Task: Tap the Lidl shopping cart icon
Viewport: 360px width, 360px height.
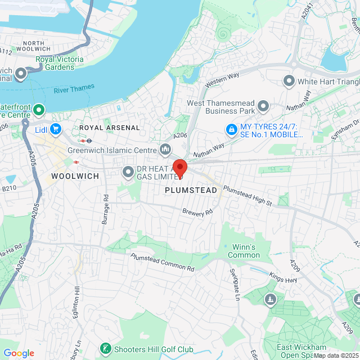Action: pyautogui.click(x=55, y=129)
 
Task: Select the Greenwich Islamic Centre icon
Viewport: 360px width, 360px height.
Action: pyautogui.click(x=165, y=149)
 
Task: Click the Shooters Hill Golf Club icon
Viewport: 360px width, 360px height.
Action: pyautogui.click(x=105, y=349)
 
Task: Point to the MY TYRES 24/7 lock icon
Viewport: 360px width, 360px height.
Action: pyautogui.click(x=231, y=129)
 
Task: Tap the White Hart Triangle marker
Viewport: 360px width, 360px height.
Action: pyautogui.click(x=289, y=81)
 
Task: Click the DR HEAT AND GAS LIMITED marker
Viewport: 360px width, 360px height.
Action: pyautogui.click(x=128, y=171)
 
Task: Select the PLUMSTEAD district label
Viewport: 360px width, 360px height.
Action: pyautogui.click(x=191, y=191)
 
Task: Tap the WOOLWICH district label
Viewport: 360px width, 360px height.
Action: pyautogui.click(x=75, y=176)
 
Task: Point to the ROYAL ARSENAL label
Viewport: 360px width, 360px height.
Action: pyautogui.click(x=109, y=128)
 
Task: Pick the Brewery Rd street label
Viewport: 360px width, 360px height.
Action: pyautogui.click(x=197, y=212)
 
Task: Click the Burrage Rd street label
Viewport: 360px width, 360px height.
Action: pyautogui.click(x=106, y=208)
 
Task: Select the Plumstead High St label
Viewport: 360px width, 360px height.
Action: pyautogui.click(x=247, y=196)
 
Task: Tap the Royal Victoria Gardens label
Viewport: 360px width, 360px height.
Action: pyautogui.click(x=59, y=63)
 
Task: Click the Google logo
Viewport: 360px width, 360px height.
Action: pyautogui.click(x=19, y=353)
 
